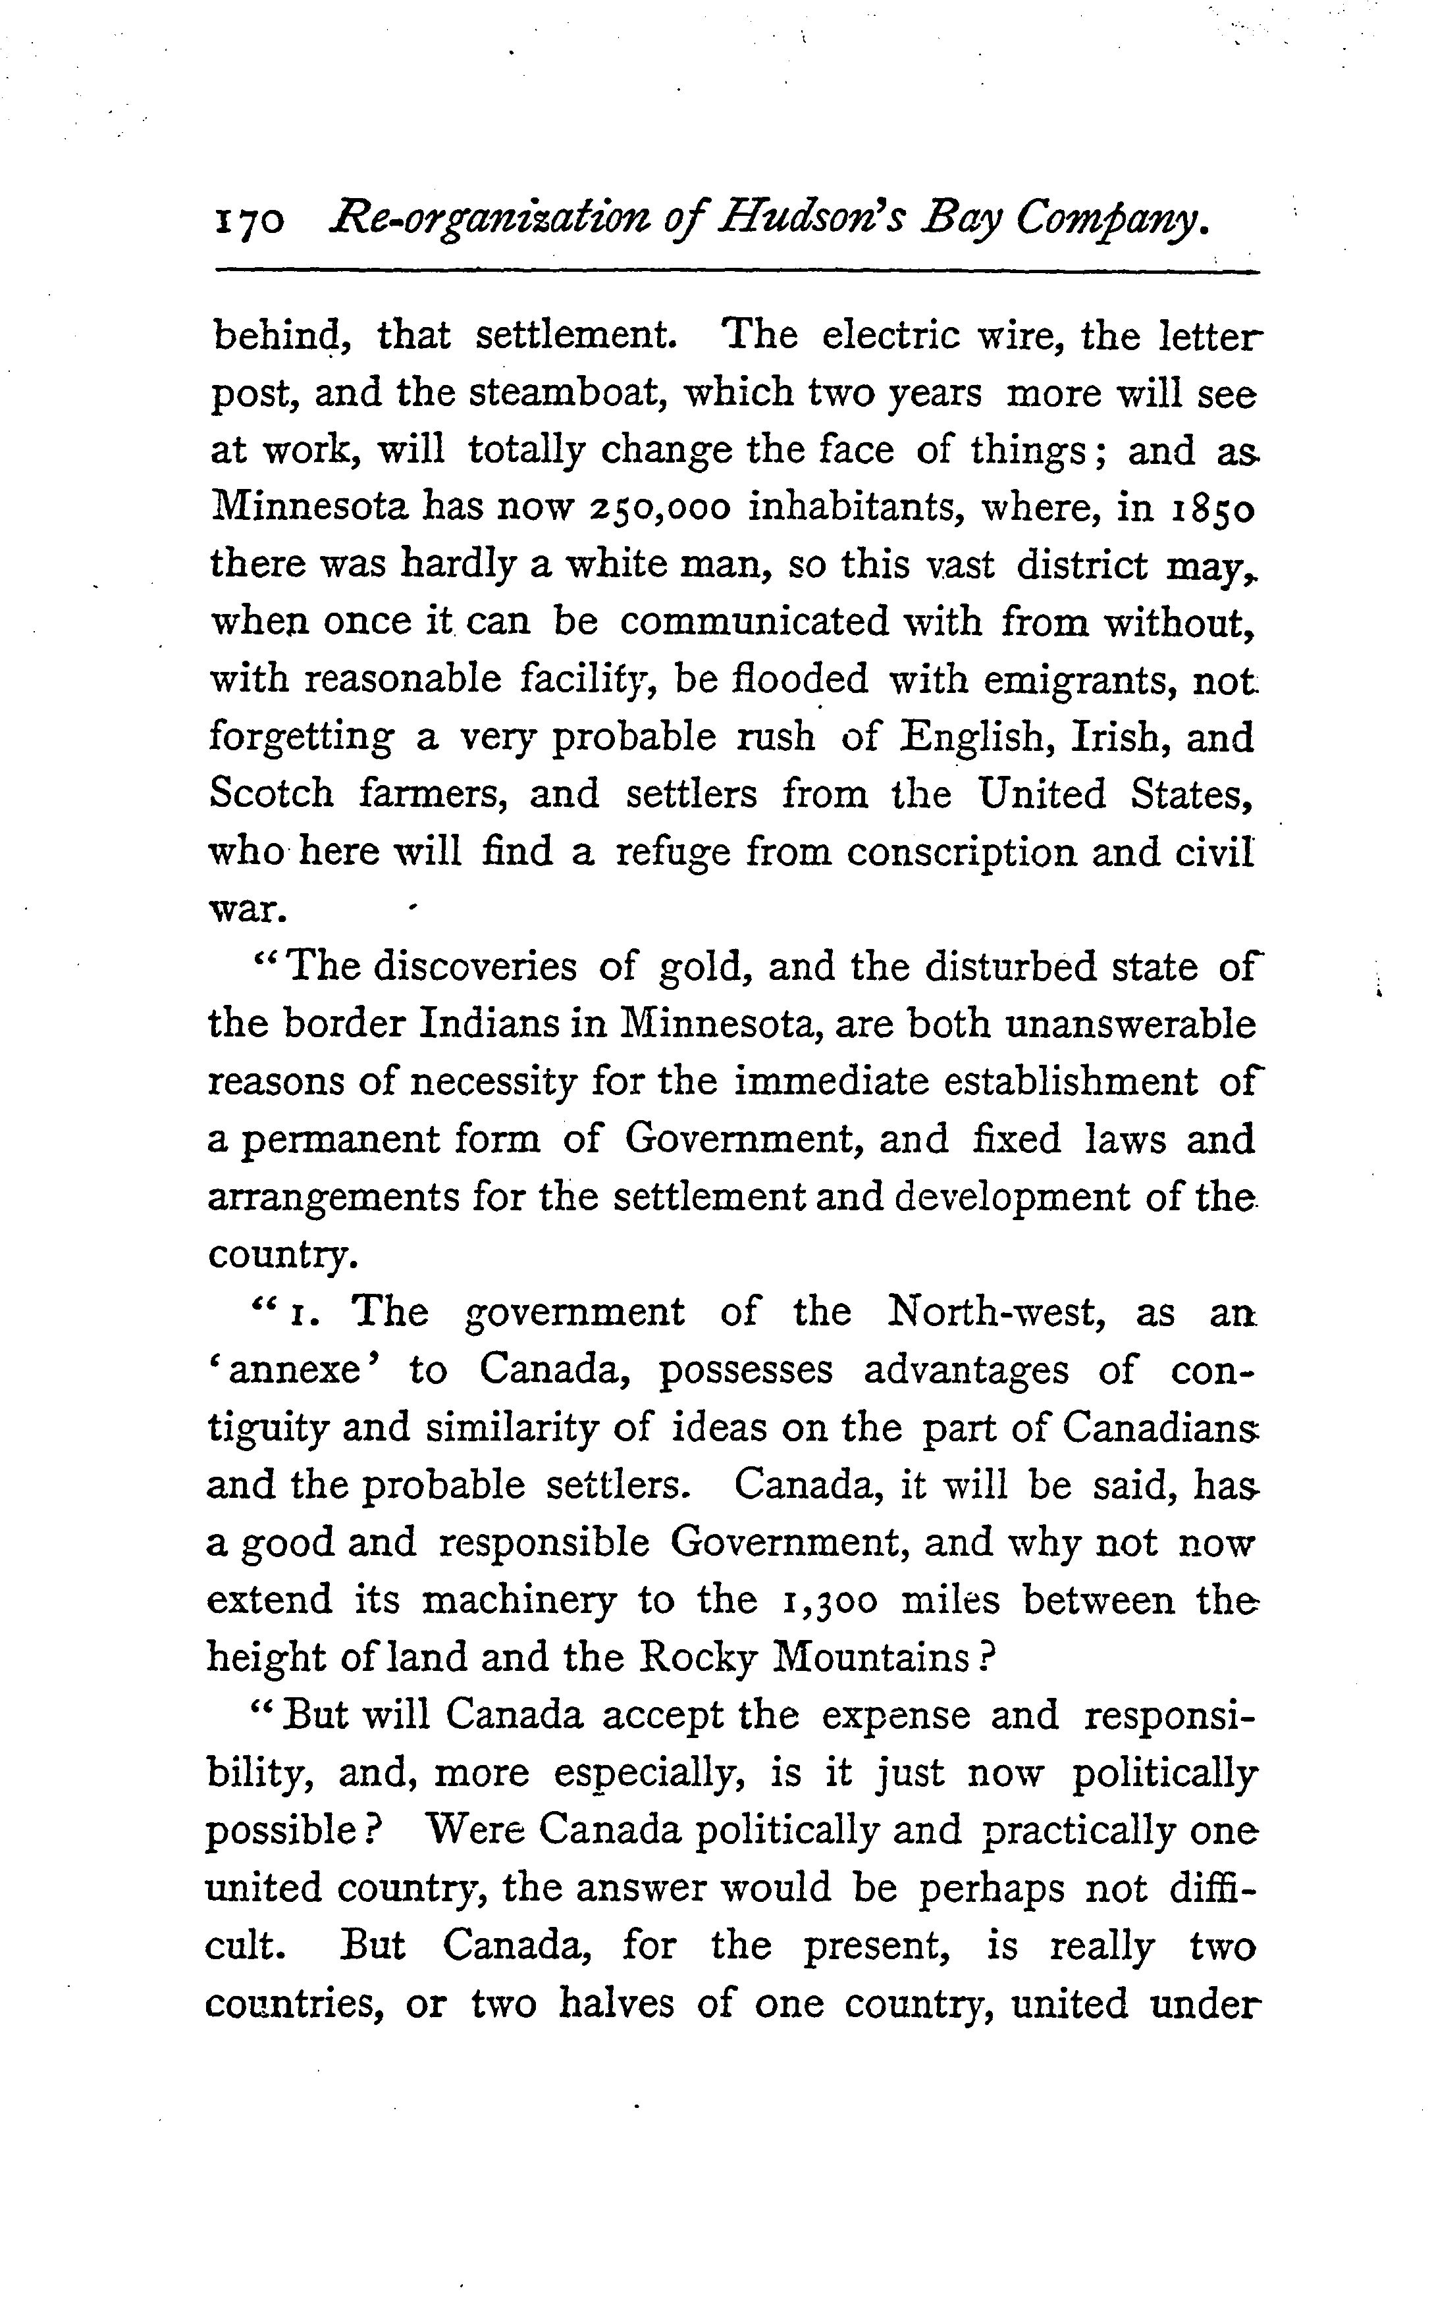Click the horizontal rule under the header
(x=737, y=274)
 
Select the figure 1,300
(x=829, y=1600)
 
